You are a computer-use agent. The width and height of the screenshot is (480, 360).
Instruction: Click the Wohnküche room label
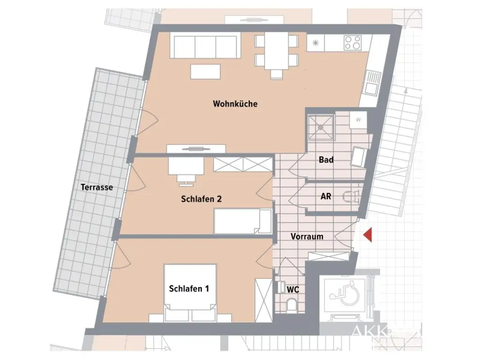click(x=235, y=104)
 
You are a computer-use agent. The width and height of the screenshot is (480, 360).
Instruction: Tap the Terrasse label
click(x=97, y=187)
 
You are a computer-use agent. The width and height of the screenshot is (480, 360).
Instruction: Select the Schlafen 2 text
click(x=201, y=199)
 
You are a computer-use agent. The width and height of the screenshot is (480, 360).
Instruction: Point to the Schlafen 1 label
click(x=189, y=289)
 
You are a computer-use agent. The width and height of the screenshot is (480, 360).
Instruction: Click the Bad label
click(x=326, y=160)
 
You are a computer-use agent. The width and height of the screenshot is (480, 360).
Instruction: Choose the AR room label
click(x=326, y=196)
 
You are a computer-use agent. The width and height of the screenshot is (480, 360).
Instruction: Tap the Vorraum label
click(x=307, y=236)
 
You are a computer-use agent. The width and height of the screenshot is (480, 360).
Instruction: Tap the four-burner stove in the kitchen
click(x=353, y=43)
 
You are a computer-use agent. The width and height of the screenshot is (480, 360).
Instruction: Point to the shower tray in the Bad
click(x=321, y=126)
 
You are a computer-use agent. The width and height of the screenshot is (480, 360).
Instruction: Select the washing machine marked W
click(x=359, y=120)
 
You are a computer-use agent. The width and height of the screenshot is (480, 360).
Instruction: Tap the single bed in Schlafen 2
click(x=242, y=221)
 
